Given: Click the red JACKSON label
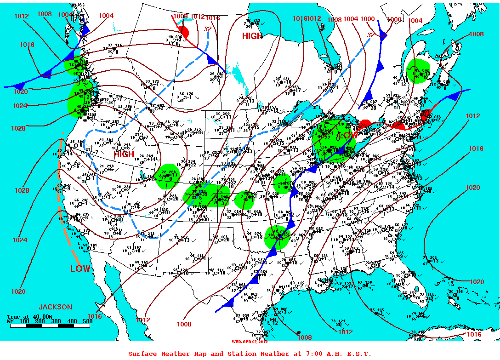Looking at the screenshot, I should [55, 307].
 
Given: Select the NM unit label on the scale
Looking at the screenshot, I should [10, 321].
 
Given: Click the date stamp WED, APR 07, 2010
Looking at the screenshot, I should [250, 342].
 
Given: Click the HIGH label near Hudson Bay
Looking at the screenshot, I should [253, 36].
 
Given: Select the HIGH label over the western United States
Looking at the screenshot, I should [124, 154].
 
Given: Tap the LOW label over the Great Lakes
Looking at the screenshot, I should [348, 136].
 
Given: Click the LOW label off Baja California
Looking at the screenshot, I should [80, 269].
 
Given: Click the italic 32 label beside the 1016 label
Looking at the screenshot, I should [208, 29].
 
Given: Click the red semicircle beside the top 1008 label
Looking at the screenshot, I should [184, 31].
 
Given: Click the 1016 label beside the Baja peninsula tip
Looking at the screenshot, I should [94, 316].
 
